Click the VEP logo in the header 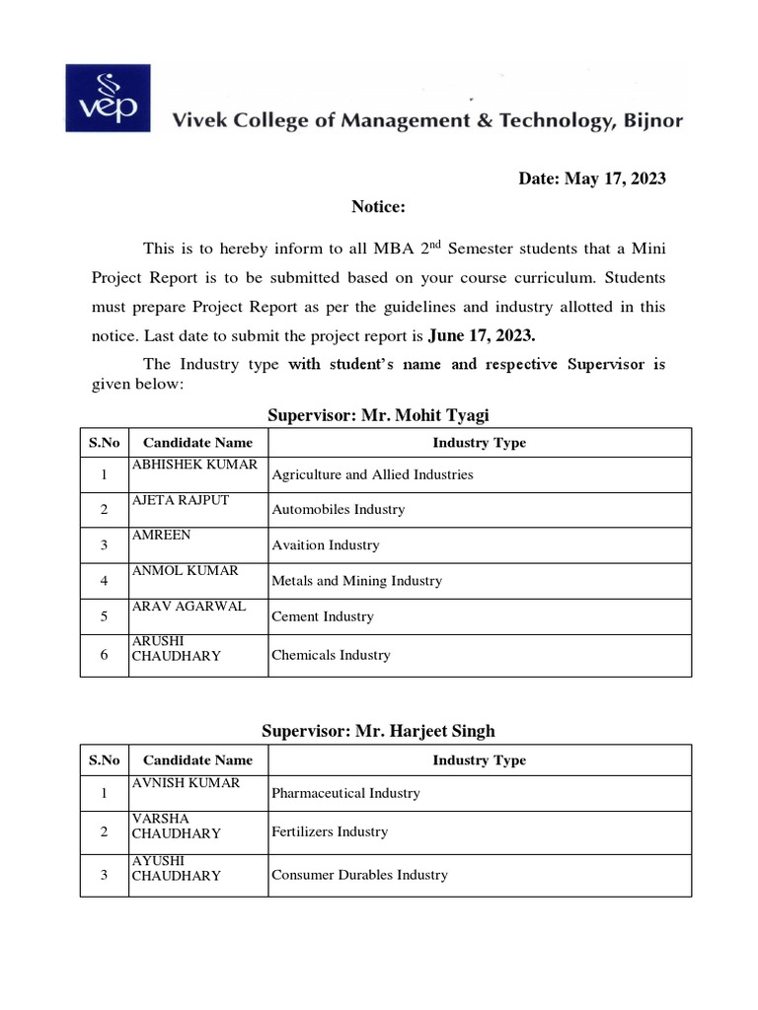pos(108,98)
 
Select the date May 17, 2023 pos(592,179)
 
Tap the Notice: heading pos(379,207)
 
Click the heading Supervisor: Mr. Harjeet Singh pos(378,731)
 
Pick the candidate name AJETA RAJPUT pos(181,500)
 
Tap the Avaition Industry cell pos(325,545)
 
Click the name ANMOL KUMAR pos(185,571)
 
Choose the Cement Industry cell pos(322,616)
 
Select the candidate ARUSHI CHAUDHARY pos(177,648)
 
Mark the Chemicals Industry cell pos(331,655)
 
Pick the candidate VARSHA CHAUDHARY pos(177,826)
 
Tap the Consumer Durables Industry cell pos(359,875)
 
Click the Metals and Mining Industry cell pos(356,581)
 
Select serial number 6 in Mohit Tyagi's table pos(104,655)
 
